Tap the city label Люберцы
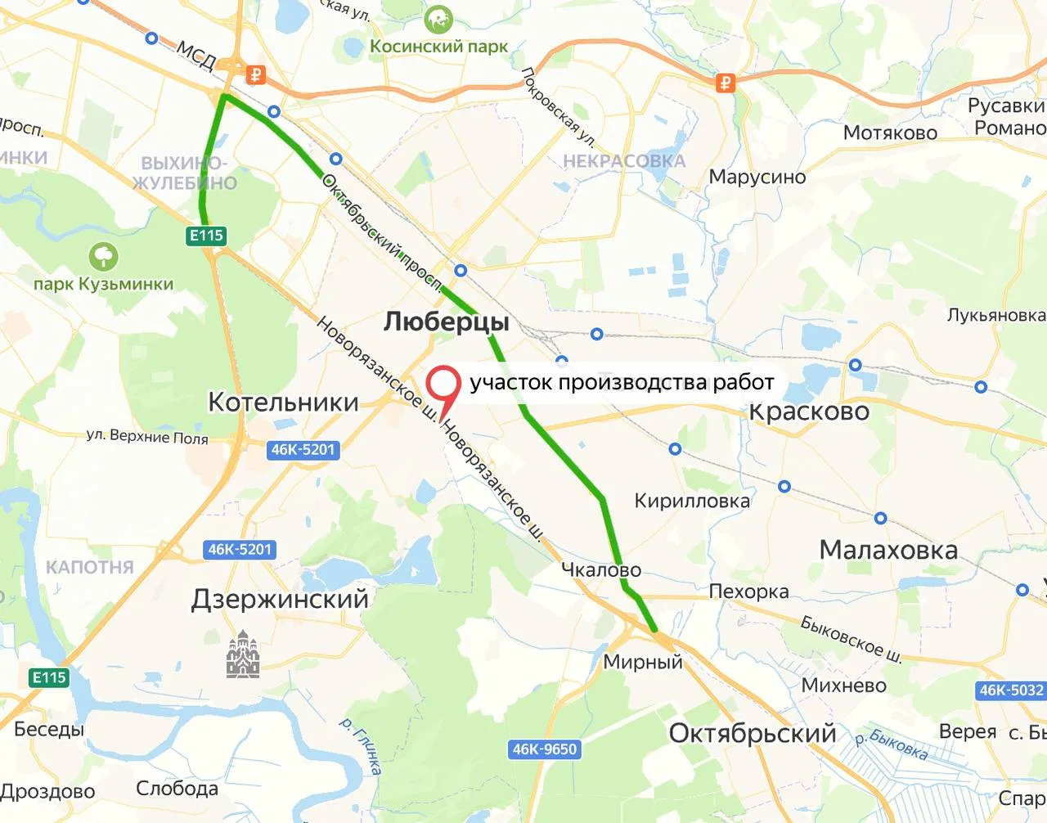(446, 322)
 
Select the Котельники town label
(283, 402)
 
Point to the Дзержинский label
(280, 599)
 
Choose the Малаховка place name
(888, 550)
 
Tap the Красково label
(809, 411)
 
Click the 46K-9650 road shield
(545, 749)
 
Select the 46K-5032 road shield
(1011, 690)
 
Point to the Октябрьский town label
(753, 733)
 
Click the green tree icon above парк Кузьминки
(104, 257)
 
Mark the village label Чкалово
(601, 569)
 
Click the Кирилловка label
(692, 501)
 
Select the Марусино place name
(757, 177)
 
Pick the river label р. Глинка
(362, 744)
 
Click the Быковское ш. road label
(851, 638)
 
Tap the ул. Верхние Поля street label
(147, 437)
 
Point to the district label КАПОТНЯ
(90, 567)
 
